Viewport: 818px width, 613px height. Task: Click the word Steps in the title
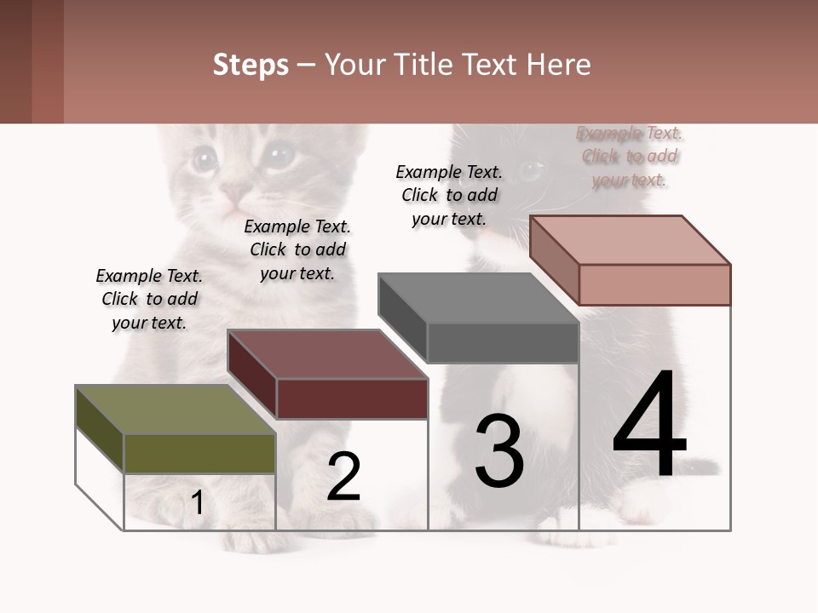(251, 65)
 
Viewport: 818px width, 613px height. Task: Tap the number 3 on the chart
(499, 451)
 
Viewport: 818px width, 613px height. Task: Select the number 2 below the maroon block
(344, 476)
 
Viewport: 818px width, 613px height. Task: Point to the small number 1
(198, 502)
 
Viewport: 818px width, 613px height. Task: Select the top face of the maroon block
(327, 353)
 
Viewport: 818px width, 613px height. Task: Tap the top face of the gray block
(478, 298)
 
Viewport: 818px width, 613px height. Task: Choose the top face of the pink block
(631, 239)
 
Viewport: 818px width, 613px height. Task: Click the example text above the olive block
(149, 299)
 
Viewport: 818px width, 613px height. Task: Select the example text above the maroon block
(297, 249)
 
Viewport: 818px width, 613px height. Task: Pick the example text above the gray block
(449, 195)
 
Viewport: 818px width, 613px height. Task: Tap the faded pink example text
(630, 156)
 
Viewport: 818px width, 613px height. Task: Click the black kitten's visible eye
(531, 172)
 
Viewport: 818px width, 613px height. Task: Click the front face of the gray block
(503, 343)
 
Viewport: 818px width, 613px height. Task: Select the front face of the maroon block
(352, 398)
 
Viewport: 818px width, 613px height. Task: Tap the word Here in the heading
(558, 65)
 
